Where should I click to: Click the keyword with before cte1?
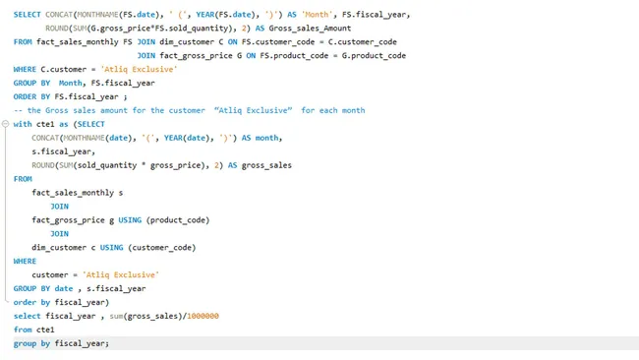(x=23, y=124)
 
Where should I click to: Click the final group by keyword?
(x=32, y=343)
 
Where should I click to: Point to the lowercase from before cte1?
(x=23, y=330)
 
